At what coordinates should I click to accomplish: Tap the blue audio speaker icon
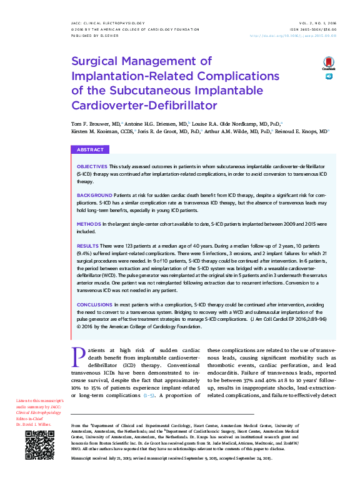329,76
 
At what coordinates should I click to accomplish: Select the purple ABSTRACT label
91,150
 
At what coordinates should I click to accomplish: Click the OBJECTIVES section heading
92,168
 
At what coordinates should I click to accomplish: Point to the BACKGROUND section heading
94,196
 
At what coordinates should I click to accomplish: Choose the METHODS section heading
89,223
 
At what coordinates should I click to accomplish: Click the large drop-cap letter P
78,355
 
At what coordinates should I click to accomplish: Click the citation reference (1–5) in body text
150,396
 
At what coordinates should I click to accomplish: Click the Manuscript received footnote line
172,458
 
